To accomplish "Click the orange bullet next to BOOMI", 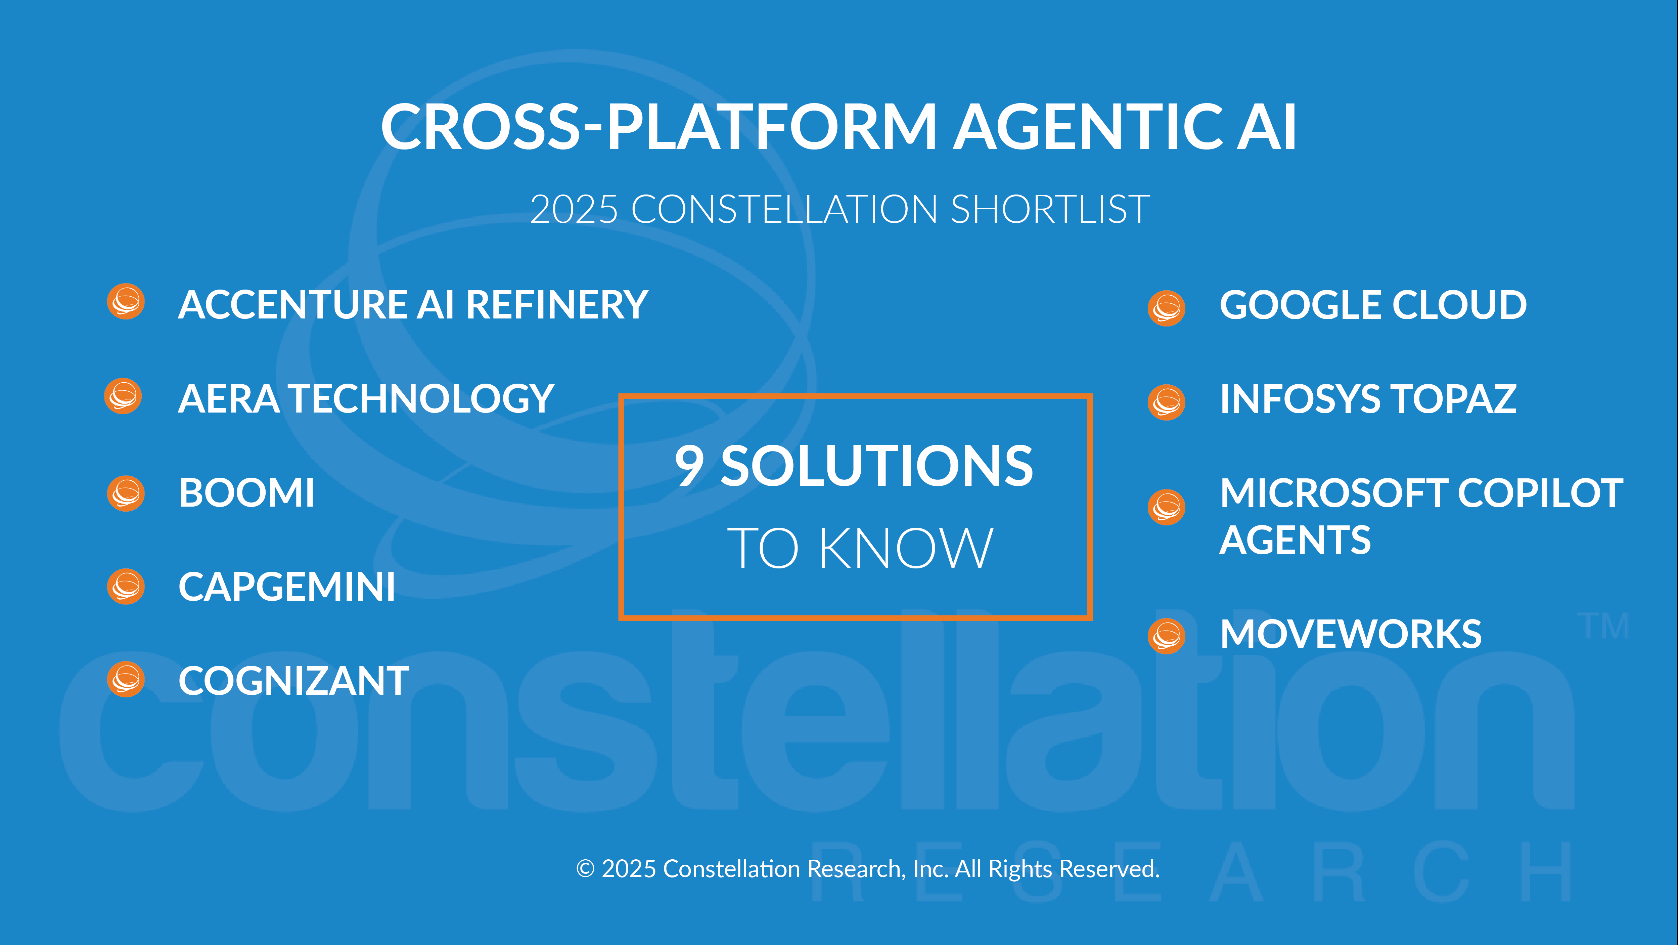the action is tap(126, 493).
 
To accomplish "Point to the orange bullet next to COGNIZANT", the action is tap(126, 680).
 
